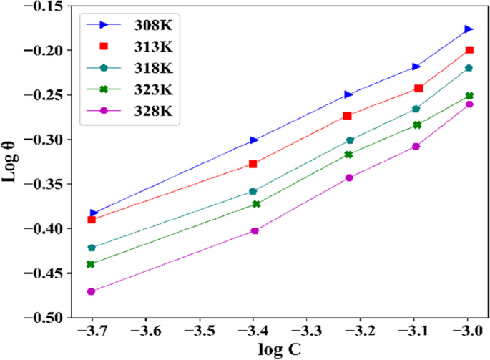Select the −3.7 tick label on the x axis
pyautogui.click(x=92, y=331)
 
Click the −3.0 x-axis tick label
pyautogui.click(x=469, y=331)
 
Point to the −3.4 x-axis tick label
pyautogui.click(x=253, y=331)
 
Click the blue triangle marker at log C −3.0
pyautogui.click(x=469, y=29)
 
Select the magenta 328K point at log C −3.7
pyautogui.click(x=92, y=291)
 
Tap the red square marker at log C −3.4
pyautogui.click(x=253, y=164)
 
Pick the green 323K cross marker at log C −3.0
pyautogui.click(x=469, y=95)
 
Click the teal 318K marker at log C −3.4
pyautogui.click(x=253, y=191)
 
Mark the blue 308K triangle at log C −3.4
pyautogui.click(x=253, y=140)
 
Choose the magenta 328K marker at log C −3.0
pyautogui.click(x=469, y=104)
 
